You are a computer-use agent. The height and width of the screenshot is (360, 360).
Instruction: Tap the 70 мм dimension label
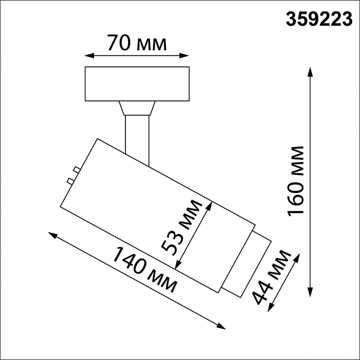tap(136, 44)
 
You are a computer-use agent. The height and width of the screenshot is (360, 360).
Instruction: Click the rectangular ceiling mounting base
tap(137, 83)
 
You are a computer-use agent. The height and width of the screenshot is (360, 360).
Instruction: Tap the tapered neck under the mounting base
tap(137, 108)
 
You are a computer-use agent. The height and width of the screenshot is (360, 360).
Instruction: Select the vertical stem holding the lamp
tap(137, 134)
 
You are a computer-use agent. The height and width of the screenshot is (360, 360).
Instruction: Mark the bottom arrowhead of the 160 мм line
tap(310, 295)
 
